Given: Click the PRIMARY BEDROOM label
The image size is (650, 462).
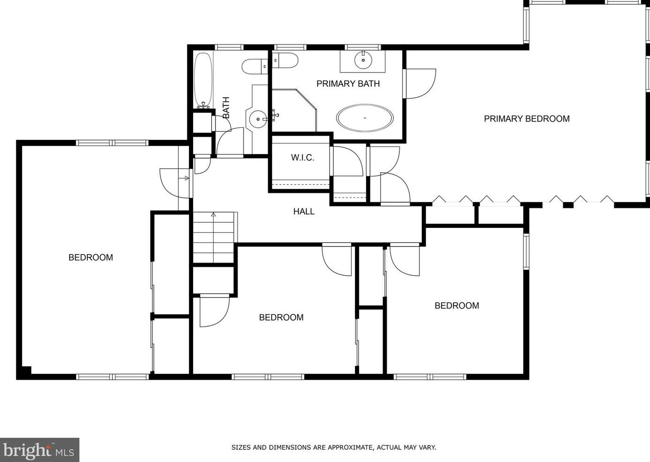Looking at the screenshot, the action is pyautogui.click(x=527, y=119).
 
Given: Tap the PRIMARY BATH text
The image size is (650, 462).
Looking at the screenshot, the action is pyautogui.click(x=348, y=84).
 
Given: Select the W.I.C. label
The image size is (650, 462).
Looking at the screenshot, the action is pyautogui.click(x=303, y=158).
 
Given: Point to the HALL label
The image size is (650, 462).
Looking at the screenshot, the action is pyautogui.click(x=304, y=212).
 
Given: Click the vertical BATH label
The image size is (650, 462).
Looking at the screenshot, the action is pyautogui.click(x=226, y=108).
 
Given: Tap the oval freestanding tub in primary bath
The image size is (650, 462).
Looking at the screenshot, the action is pyautogui.click(x=365, y=118).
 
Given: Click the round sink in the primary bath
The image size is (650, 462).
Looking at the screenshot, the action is pyautogui.click(x=363, y=60).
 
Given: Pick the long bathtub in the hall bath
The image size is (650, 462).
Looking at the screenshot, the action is pyautogui.click(x=203, y=81).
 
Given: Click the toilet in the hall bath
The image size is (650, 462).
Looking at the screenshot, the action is pyautogui.click(x=255, y=66).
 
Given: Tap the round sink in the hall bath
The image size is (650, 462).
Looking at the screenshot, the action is pyautogui.click(x=258, y=119).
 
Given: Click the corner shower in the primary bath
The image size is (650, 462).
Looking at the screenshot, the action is pyautogui.click(x=294, y=110).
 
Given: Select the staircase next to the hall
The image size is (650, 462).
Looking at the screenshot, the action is pyautogui.click(x=214, y=237).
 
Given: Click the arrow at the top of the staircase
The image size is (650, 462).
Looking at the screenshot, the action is pyautogui.click(x=214, y=215).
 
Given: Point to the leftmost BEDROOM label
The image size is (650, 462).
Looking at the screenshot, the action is pyautogui.click(x=91, y=257).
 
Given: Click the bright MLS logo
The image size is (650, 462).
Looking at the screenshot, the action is pyautogui.click(x=39, y=450).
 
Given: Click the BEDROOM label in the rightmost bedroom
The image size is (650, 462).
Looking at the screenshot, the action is pyautogui.click(x=457, y=306).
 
